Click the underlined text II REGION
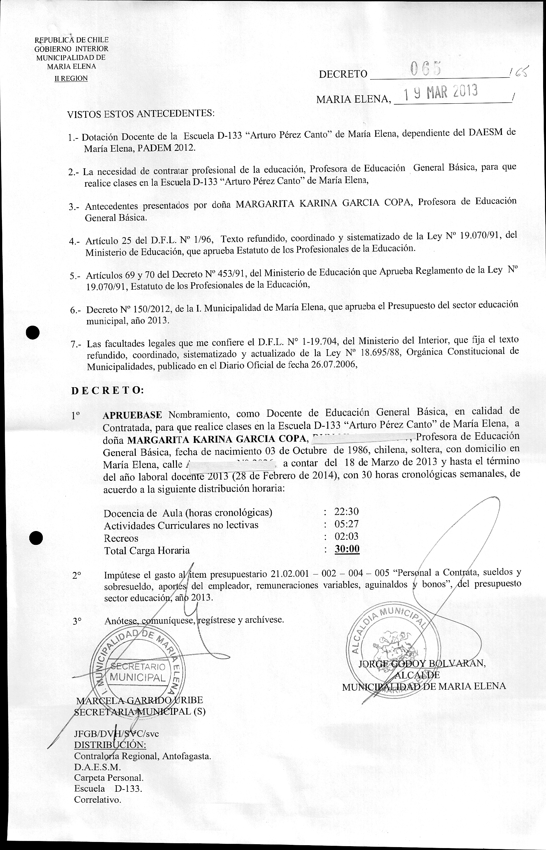pyautogui.click(x=71, y=79)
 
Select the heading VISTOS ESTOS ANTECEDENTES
pyautogui.click(x=141, y=114)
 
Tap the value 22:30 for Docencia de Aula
pyautogui.click(x=346, y=511)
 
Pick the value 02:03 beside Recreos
pyautogui.click(x=346, y=536)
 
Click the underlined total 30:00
pyautogui.click(x=347, y=549)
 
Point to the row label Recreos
pyautogui.click(x=121, y=538)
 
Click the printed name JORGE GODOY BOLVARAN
pyautogui.click(x=422, y=663)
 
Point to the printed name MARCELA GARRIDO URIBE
pyautogui.click(x=140, y=700)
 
